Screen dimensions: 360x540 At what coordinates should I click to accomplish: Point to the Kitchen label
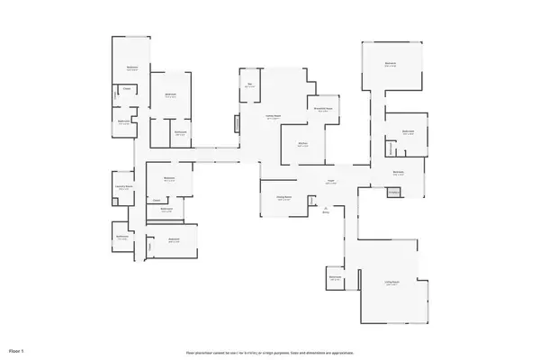[303, 144]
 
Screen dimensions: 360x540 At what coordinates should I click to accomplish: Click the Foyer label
[330, 182]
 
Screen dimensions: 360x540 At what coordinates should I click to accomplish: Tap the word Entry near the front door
[326, 214]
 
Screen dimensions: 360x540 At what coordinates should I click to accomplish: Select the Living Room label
[391, 283]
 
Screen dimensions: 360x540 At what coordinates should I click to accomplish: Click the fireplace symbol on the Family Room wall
[237, 123]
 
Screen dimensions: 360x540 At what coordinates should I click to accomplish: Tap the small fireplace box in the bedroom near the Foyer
[392, 192]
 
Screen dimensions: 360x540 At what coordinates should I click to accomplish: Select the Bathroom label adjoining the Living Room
[335, 277]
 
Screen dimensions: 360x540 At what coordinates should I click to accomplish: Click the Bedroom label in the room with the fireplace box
[398, 173]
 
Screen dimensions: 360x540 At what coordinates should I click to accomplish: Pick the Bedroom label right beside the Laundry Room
[167, 178]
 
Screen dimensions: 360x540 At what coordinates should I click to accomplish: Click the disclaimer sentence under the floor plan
[270, 351]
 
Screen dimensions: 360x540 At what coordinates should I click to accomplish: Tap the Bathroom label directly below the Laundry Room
[122, 238]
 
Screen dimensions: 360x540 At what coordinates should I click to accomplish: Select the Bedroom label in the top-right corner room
[391, 64]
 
